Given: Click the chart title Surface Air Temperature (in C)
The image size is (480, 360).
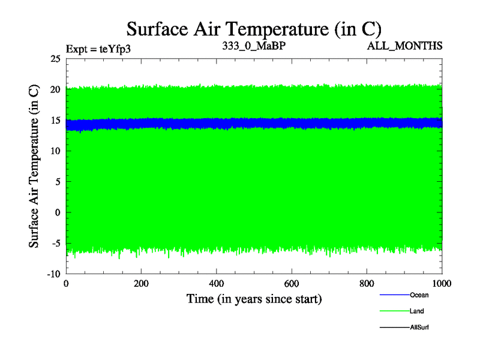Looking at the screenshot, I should (253, 29).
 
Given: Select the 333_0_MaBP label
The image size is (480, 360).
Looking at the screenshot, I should (253, 46).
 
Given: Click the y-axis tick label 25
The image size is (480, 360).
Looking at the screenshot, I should (55, 59).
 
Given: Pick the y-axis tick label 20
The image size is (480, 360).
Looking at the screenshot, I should (55, 89).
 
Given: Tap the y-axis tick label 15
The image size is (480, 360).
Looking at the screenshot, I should (55, 120).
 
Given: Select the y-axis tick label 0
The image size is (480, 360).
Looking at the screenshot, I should (58, 212).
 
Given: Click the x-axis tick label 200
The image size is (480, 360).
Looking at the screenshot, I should (141, 284).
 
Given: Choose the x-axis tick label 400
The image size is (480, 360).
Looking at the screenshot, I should (216, 284).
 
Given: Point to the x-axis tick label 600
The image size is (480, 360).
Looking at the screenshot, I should (292, 284).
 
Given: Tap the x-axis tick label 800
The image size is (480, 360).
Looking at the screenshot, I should (367, 284).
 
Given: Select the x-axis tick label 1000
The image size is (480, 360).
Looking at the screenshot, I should (442, 284).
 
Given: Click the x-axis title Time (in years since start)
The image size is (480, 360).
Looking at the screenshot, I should (254, 298).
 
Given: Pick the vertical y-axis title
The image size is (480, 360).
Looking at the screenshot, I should (35, 167).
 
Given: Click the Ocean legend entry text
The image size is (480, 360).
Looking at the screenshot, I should (419, 295).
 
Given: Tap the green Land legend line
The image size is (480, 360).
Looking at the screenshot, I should (394, 311).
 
